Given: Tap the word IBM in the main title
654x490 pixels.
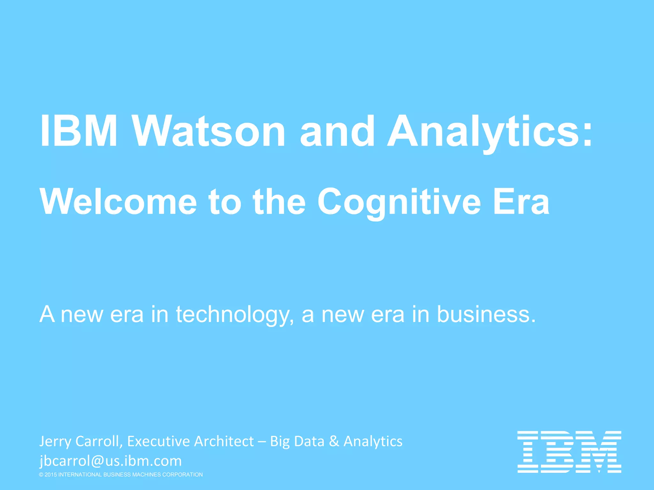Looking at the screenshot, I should click(x=79, y=131).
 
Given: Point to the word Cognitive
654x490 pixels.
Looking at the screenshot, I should click(x=399, y=202).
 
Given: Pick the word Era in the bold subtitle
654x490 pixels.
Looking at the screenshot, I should click(x=521, y=202).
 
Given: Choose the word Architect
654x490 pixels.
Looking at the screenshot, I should click(x=224, y=442).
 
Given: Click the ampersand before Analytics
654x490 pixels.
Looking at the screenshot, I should click(x=334, y=442).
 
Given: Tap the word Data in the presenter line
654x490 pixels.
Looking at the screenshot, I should click(x=309, y=442).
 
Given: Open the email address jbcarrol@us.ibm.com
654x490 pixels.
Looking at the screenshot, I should click(x=110, y=461).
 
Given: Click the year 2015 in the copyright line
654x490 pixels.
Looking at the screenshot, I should click(x=51, y=475).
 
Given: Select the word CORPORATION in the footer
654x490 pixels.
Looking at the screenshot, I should click(x=182, y=475).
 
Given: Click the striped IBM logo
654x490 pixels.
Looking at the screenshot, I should click(x=569, y=451).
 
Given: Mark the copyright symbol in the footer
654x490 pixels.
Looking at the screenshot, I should click(x=41, y=475).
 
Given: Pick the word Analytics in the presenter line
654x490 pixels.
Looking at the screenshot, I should click(x=373, y=442).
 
